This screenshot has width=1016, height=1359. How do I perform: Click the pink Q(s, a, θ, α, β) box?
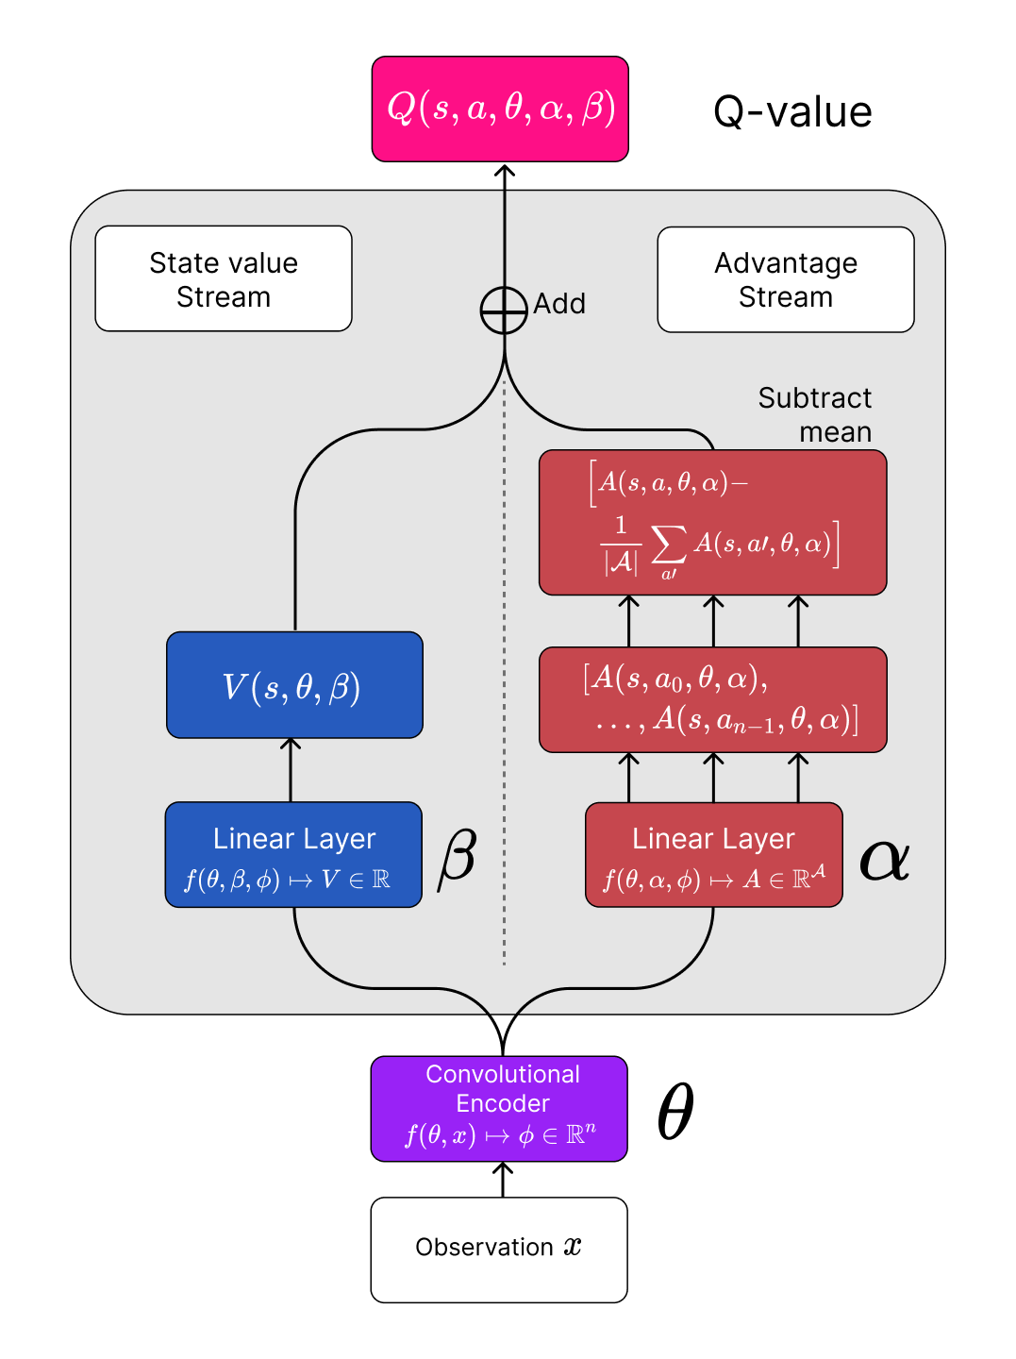click(500, 109)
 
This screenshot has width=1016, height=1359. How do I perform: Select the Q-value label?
click(792, 112)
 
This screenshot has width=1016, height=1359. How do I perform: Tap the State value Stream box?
click(224, 279)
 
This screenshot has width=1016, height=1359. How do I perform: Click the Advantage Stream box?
click(786, 279)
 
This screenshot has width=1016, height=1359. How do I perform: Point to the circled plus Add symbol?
click(504, 310)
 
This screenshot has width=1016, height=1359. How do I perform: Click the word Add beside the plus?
click(559, 304)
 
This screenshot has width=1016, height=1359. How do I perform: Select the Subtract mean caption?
click(816, 414)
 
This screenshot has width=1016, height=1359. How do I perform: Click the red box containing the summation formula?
click(712, 522)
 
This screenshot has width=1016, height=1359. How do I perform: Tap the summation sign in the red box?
click(668, 545)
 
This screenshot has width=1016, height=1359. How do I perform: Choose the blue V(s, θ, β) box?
click(294, 685)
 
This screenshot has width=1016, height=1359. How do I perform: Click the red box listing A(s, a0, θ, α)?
click(712, 699)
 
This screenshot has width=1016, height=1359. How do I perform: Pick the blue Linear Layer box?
click(293, 855)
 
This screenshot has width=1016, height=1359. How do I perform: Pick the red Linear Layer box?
click(713, 855)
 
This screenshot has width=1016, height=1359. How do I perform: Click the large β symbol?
click(458, 857)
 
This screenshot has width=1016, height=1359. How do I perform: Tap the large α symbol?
click(884, 859)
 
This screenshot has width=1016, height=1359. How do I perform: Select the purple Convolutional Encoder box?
click(499, 1108)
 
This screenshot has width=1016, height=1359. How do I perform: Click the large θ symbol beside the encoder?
click(675, 1112)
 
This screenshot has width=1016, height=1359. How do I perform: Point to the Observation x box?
click(499, 1250)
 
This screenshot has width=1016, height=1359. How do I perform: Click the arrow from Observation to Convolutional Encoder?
click(503, 1180)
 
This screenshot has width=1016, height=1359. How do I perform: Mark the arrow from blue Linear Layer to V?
click(291, 770)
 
